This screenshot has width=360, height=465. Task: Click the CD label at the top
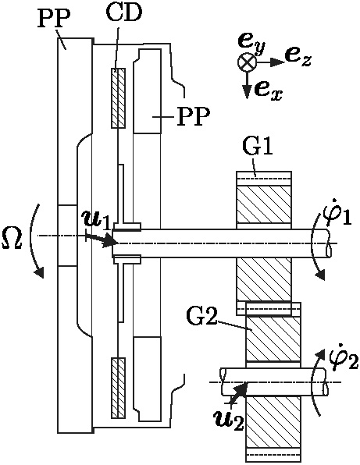(x=124, y=12)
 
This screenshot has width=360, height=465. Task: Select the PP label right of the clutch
(x=193, y=116)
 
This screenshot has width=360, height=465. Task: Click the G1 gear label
(x=258, y=146)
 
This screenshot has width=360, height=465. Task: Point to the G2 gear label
(x=201, y=316)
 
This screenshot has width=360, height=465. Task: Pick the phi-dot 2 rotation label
(x=344, y=357)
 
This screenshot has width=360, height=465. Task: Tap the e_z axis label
(x=298, y=58)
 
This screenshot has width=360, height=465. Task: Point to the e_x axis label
(x=268, y=91)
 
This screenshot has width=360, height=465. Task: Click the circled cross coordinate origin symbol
(x=247, y=62)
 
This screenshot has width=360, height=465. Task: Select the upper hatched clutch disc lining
(x=118, y=98)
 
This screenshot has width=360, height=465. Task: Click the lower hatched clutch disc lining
(x=118, y=388)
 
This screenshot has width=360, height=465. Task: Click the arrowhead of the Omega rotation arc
(x=39, y=272)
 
